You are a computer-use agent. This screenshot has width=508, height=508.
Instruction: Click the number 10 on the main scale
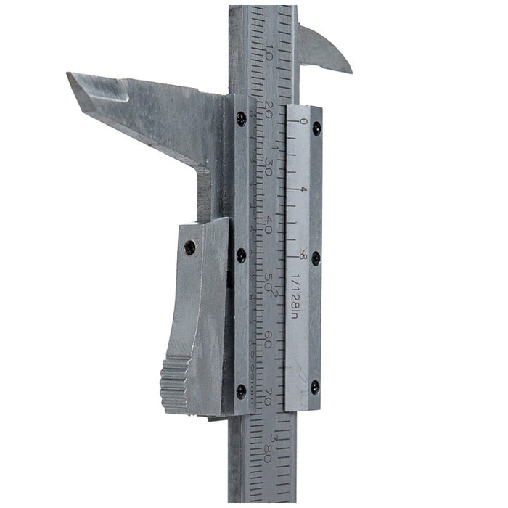[269, 54]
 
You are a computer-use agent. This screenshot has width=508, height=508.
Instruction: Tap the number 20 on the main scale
[269, 109]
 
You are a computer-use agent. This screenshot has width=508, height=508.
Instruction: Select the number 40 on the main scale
[269, 224]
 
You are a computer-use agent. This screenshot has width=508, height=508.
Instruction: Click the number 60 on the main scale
[268, 338]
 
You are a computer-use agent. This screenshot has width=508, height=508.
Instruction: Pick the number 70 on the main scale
[268, 396]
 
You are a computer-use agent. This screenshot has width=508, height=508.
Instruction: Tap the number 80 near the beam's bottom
[268, 453]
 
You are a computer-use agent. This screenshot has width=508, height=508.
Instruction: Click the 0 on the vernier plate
[303, 121]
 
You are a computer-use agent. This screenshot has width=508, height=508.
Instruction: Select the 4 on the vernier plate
[303, 189]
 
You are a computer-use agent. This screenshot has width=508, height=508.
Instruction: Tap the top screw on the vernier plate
[316, 128]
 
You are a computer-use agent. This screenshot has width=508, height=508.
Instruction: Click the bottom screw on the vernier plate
[315, 388]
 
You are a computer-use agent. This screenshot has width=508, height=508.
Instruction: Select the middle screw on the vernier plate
[316, 258]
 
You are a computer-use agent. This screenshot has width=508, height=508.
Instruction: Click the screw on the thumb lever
[190, 247]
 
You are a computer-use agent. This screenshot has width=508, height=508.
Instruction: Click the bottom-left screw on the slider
[241, 390]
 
